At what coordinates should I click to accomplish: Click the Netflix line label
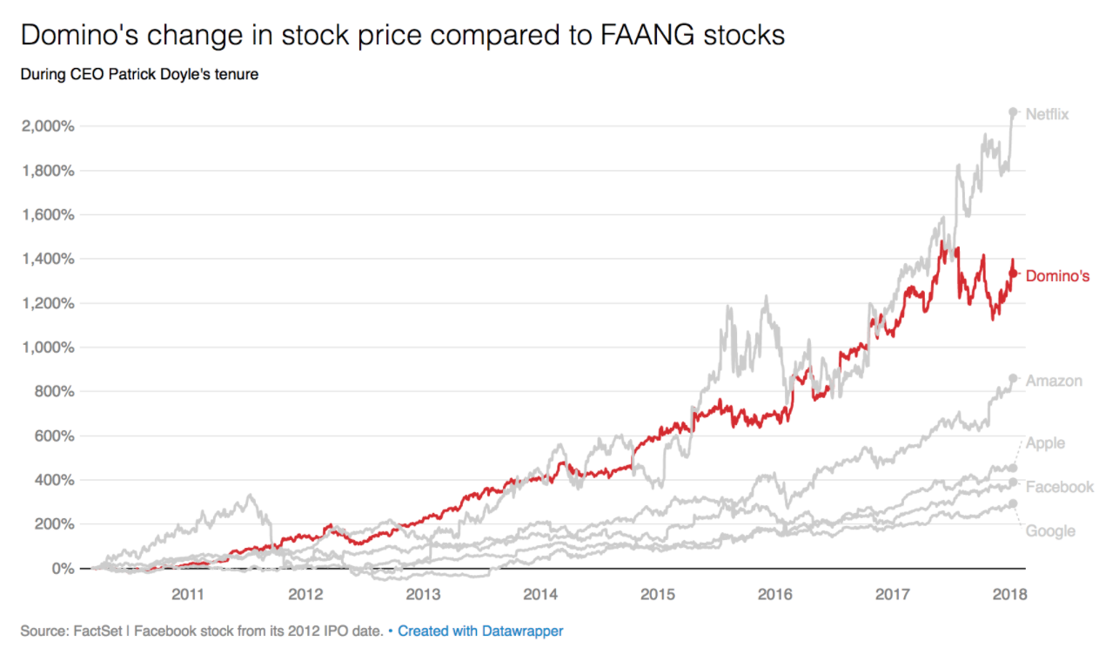[1047, 114]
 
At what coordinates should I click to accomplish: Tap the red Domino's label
[1057, 276]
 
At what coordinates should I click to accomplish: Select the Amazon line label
[1054, 381]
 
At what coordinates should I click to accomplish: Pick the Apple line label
[1045, 443]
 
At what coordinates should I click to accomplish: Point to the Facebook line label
[1059, 487]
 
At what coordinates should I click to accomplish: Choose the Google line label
[1050, 531]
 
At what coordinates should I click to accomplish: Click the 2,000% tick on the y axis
[48, 126]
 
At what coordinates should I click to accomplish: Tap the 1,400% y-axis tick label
[48, 259]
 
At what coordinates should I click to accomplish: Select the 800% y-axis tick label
[54, 392]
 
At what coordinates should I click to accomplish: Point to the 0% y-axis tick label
[62, 569]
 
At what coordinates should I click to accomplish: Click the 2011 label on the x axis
[188, 595]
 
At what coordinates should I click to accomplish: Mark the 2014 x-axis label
[540, 595]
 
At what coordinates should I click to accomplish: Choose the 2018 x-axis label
[1009, 595]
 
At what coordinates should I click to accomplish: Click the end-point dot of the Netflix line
[1013, 111]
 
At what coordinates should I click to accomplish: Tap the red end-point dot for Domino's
[1013, 273]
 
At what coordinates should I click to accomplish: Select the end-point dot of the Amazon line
[1013, 378]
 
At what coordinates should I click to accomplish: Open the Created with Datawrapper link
[480, 631]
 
